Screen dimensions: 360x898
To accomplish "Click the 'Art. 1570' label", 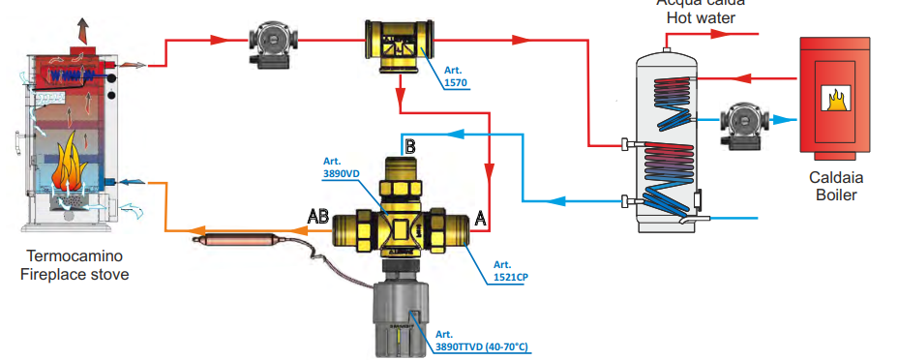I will pyautogui.click(x=455, y=77).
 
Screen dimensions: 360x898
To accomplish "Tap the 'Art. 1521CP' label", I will pyautogui.click(x=509, y=270).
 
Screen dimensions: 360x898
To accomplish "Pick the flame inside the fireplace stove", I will pyautogui.click(x=70, y=168).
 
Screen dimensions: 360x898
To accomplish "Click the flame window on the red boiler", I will pyautogui.click(x=833, y=98).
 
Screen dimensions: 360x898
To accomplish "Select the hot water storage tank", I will pyautogui.click(x=666, y=140).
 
